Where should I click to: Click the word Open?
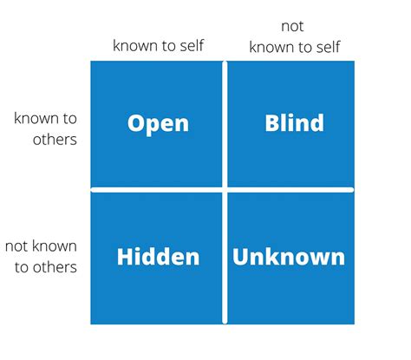click(x=158, y=122)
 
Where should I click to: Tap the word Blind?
click(x=294, y=122)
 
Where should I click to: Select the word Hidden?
click(x=158, y=257)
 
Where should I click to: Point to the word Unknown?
click(x=289, y=257)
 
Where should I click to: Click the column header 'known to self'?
click(x=158, y=45)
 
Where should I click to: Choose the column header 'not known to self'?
click(x=294, y=37)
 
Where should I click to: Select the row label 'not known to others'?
click(x=42, y=257)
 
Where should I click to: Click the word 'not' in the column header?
click(x=294, y=27)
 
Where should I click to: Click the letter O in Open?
click(x=136, y=122)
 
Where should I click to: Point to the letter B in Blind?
click(x=271, y=122)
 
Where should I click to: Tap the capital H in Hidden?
click(x=125, y=257)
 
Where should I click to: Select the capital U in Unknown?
click(x=240, y=257)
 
